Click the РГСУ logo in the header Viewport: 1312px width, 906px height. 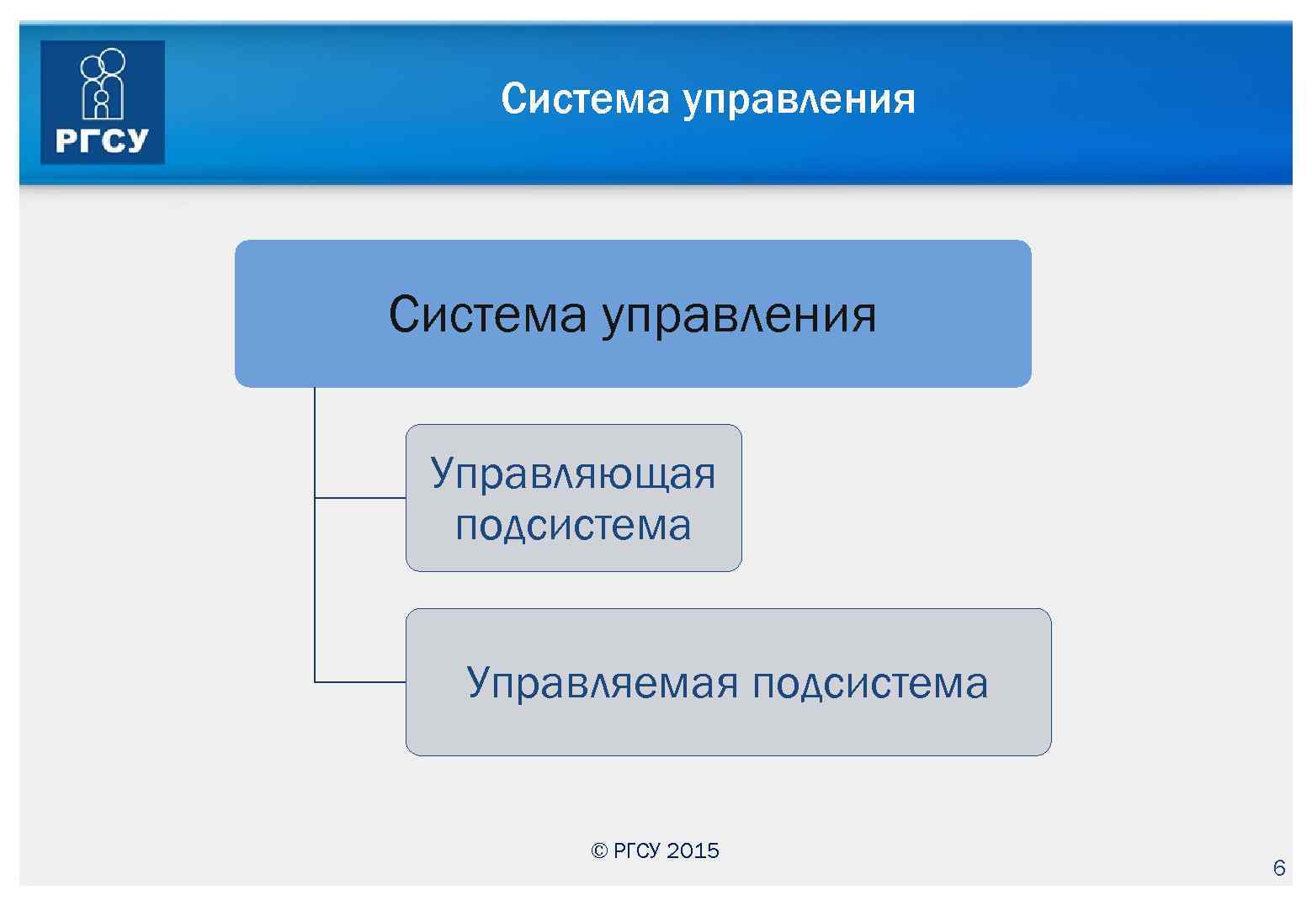tap(103, 102)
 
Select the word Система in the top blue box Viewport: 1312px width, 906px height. tap(487, 315)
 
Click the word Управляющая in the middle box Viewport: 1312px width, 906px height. tap(573, 474)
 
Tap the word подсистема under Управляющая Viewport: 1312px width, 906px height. tap(573, 525)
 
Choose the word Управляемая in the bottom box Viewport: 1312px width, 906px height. tap(602, 682)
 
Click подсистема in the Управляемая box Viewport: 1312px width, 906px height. tap(870, 682)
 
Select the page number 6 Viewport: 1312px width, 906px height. tap(1279, 868)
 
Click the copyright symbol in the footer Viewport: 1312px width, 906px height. tap(599, 851)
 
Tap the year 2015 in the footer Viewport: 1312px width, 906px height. tap(693, 851)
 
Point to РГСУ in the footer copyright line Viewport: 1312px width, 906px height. tap(637, 851)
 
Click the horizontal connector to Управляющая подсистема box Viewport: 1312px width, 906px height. tap(360, 498)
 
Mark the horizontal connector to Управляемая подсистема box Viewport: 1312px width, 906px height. tap(360, 681)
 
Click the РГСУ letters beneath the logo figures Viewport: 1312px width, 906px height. tap(102, 140)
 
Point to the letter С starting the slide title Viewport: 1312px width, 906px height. tap(512, 99)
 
